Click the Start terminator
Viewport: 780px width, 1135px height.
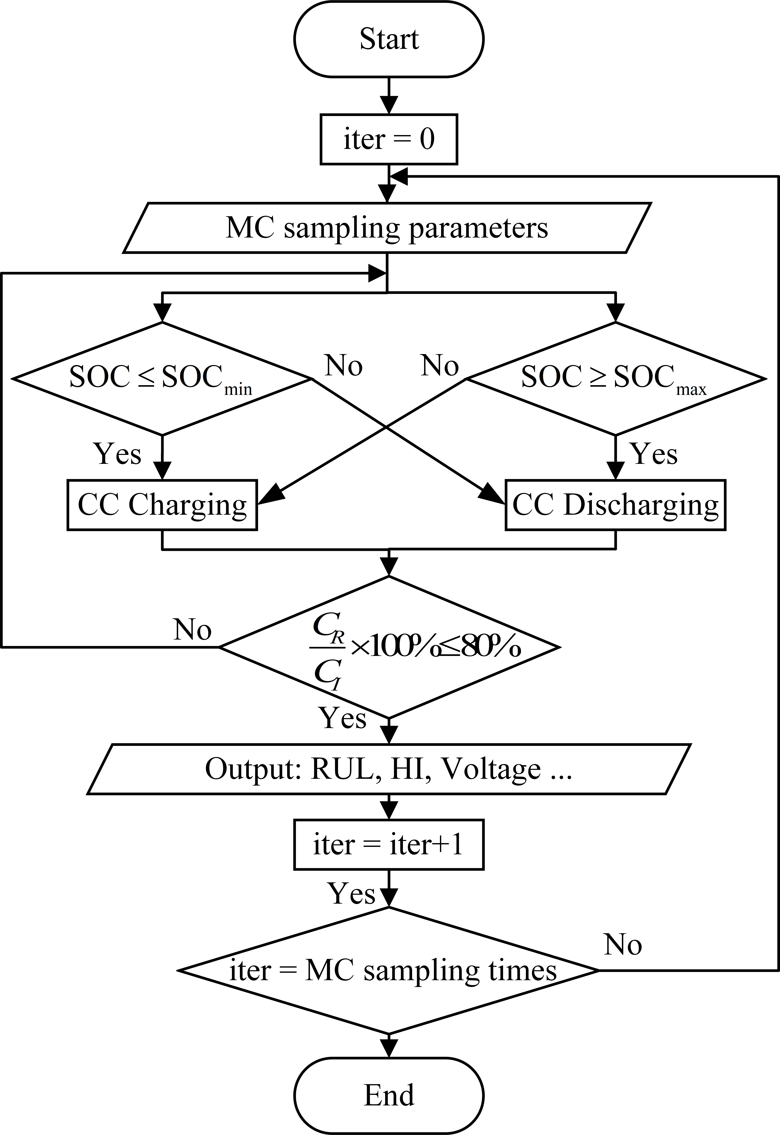[389, 39]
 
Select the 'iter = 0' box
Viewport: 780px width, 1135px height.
[389, 139]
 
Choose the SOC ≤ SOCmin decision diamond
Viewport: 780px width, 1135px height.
[161, 379]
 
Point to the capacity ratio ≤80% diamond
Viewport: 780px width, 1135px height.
[389, 647]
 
